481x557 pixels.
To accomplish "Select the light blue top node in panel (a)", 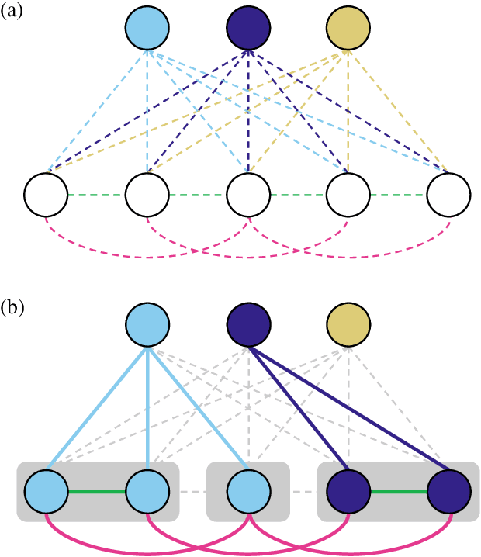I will [147, 29].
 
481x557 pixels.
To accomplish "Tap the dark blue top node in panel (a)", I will [248, 29].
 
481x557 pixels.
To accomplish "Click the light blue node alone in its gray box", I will [248, 492].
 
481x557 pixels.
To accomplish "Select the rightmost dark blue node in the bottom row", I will [449, 492].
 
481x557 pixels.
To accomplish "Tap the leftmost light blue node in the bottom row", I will [47, 492].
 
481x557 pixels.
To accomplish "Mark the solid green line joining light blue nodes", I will [97, 492].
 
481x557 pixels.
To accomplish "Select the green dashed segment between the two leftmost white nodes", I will [97, 194].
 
